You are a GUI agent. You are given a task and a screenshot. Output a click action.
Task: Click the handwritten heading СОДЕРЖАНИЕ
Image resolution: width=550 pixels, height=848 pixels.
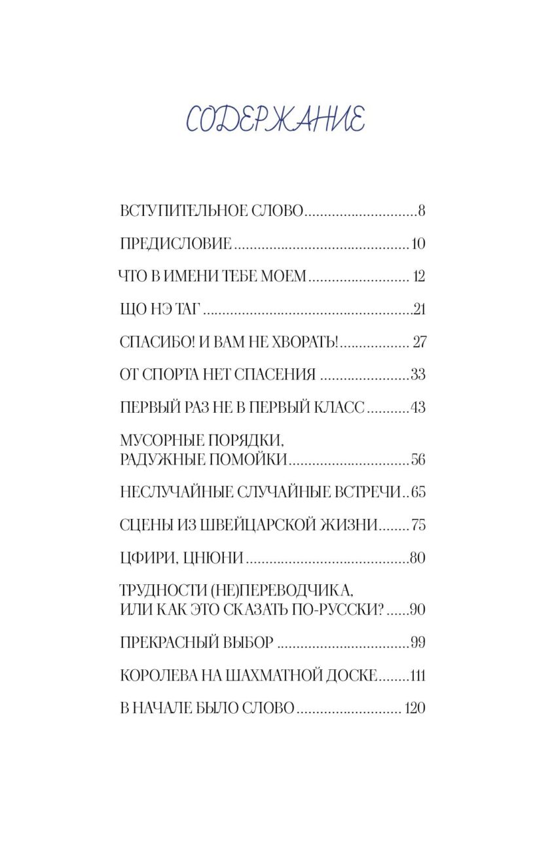pos(275,119)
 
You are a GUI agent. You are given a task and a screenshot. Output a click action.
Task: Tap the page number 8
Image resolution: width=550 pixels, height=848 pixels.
pos(422,211)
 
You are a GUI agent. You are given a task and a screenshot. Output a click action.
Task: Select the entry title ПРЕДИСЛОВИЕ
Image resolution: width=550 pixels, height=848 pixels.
pos(176,244)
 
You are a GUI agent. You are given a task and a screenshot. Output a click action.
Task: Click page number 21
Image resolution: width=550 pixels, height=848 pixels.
pos(420,309)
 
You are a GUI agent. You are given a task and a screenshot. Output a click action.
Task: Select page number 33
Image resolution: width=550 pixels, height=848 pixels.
pos(418,375)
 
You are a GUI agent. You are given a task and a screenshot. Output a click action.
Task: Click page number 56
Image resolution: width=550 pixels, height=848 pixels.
pos(418,460)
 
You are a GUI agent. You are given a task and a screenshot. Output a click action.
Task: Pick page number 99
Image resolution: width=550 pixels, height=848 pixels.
pos(418,643)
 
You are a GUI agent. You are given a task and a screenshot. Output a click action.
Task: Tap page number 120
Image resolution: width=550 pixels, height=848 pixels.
pos(415,709)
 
